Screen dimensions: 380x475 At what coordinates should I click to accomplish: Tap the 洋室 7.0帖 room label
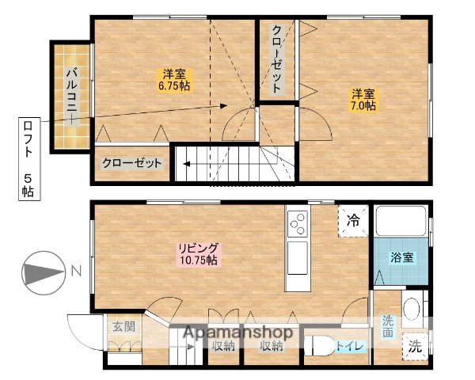[364, 99]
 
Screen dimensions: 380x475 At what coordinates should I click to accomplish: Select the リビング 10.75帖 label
[197, 253]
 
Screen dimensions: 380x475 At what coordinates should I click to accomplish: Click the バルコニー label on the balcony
[70, 94]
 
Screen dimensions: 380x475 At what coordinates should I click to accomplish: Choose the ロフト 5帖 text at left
[28, 158]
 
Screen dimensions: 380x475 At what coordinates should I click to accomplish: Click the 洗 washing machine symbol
[416, 346]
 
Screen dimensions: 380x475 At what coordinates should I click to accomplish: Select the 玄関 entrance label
[123, 325]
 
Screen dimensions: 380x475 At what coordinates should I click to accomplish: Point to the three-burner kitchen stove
[298, 224]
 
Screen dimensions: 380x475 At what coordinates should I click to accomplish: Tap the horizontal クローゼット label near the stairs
[131, 164]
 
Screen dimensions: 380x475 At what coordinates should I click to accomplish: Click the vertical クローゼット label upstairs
[276, 60]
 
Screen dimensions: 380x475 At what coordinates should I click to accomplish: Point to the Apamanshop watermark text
[239, 332]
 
